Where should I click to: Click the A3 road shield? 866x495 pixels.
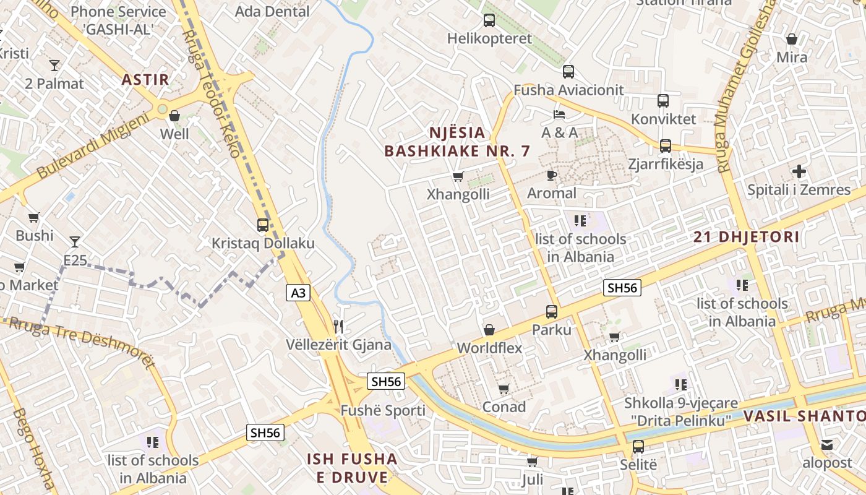click(x=298, y=293)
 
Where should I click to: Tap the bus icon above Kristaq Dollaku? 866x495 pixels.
click(x=263, y=225)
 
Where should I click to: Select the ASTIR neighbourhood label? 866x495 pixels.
click(x=145, y=80)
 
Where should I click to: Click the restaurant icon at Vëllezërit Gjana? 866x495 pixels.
click(x=338, y=326)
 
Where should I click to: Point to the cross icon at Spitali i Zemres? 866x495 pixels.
click(x=799, y=171)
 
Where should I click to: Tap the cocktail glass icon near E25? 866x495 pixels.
click(x=75, y=241)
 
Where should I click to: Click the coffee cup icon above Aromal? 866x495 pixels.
click(x=552, y=176)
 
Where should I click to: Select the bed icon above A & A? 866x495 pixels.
click(x=559, y=114)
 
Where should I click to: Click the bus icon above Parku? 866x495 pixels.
click(x=552, y=312)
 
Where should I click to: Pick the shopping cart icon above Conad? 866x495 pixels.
click(x=504, y=389)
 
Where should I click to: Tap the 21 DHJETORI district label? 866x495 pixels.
click(x=746, y=237)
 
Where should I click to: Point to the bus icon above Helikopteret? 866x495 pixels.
click(x=489, y=20)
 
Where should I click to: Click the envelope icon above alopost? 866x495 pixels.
click(x=827, y=445)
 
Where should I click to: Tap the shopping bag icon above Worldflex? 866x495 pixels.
click(x=489, y=330)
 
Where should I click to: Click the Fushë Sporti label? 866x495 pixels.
click(x=383, y=411)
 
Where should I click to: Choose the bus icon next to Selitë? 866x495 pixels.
click(x=638, y=447)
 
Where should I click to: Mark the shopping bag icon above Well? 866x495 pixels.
click(x=174, y=116)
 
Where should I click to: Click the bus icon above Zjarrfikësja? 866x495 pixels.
click(x=666, y=146)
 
